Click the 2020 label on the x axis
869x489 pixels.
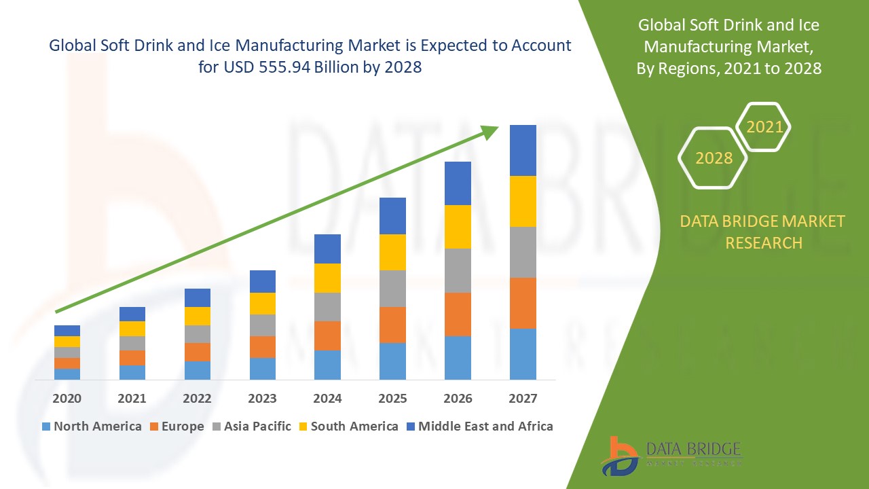[67, 398]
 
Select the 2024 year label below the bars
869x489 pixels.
[327, 398]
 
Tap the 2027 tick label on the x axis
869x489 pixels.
[523, 398]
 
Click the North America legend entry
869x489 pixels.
[92, 427]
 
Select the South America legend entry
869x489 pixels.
[347, 427]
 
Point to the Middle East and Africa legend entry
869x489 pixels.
[479, 427]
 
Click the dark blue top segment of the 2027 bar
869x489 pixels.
[523, 150]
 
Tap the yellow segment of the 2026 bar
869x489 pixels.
[458, 226]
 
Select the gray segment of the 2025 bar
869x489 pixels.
[392, 289]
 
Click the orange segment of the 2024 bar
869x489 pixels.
[327, 336]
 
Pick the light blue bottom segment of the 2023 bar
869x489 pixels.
[262, 368]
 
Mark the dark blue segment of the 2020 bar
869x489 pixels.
[67, 330]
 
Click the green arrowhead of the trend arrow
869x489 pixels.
[490, 132]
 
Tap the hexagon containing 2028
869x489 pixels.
[713, 158]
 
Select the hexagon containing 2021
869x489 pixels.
[764, 126]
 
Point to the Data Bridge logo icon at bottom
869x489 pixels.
[619, 455]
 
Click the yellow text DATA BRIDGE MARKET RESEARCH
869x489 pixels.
[763, 232]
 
